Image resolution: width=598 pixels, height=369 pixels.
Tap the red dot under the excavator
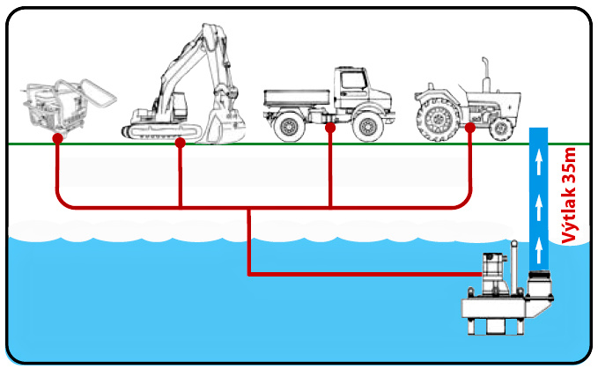click(x=180, y=142)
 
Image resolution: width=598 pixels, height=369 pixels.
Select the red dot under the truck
click(x=330, y=129)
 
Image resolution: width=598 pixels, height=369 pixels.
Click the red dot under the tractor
click(x=470, y=129)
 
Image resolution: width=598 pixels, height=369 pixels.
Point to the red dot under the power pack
click(x=56, y=139)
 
